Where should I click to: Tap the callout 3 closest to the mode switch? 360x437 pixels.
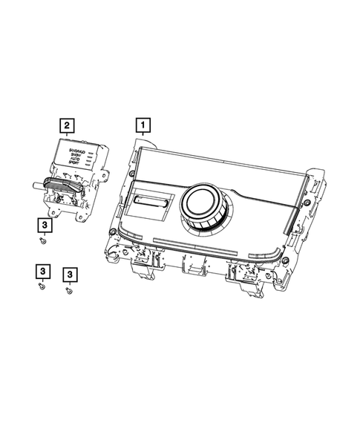click(x=45, y=223)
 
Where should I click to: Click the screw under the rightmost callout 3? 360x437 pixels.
click(x=69, y=292)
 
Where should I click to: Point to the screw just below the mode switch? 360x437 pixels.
click(x=45, y=239)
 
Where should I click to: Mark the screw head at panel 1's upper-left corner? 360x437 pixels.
click(x=131, y=173)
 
